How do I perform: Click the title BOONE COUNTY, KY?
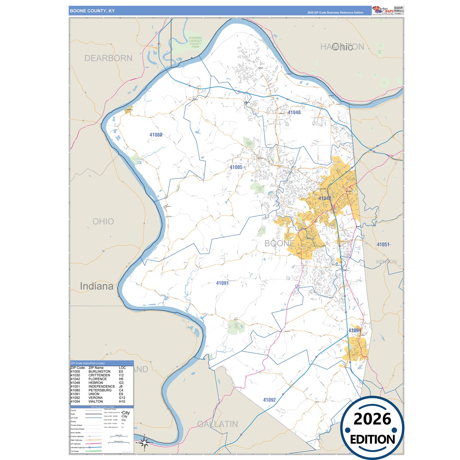click(92, 11)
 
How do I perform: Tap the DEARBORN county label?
click(108, 58)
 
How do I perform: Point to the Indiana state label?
click(96, 286)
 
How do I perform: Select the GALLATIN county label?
click(217, 424)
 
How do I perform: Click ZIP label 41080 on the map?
click(156, 135)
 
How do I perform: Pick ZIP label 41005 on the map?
click(236, 167)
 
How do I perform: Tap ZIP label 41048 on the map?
click(294, 112)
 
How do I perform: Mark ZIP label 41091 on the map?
click(222, 283)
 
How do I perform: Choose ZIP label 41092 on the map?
click(269, 400)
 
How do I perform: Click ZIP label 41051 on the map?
click(383, 244)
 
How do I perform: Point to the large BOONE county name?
click(280, 244)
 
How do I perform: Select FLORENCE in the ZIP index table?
click(97, 379)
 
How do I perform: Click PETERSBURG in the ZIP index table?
click(100, 390)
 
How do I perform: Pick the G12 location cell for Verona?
click(122, 398)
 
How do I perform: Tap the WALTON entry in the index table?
click(96, 401)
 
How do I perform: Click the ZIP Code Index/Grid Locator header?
click(88, 363)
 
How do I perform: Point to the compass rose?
click(144, 442)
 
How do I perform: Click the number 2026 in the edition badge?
click(372, 419)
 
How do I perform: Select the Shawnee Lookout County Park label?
click(195, 42)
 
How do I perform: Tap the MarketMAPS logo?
click(383, 10)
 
